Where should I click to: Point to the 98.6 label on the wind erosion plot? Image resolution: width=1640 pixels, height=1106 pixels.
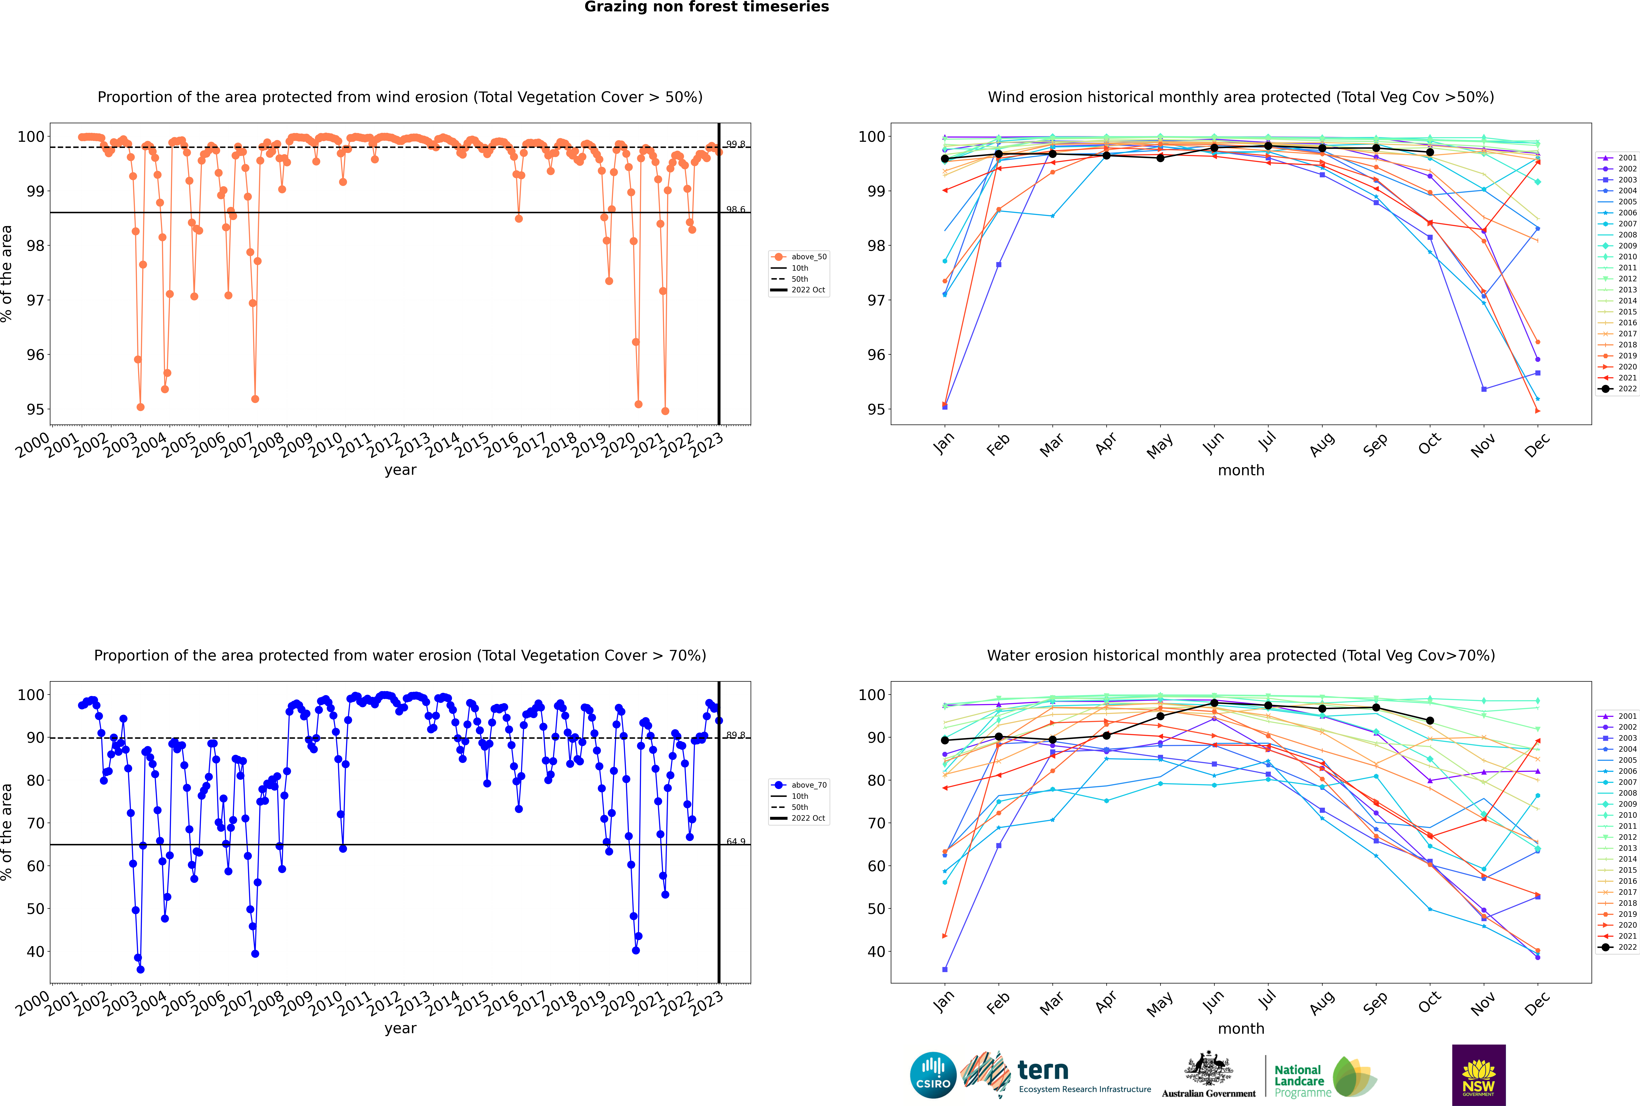pyautogui.click(x=735, y=210)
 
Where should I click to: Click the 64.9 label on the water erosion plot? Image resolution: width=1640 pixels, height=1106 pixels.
pyautogui.click(x=735, y=841)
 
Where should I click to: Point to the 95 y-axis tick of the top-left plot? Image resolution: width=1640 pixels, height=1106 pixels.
pyautogui.click(x=35, y=410)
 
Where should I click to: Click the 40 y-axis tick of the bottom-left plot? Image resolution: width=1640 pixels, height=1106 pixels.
pyautogui.click(x=35, y=952)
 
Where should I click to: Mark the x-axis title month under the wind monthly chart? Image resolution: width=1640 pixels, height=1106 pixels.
pyautogui.click(x=1241, y=471)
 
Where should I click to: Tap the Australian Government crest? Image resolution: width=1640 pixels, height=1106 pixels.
pyautogui.click(x=1209, y=1069)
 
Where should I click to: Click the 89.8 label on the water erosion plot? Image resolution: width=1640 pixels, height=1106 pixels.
pyautogui.click(x=735, y=735)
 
